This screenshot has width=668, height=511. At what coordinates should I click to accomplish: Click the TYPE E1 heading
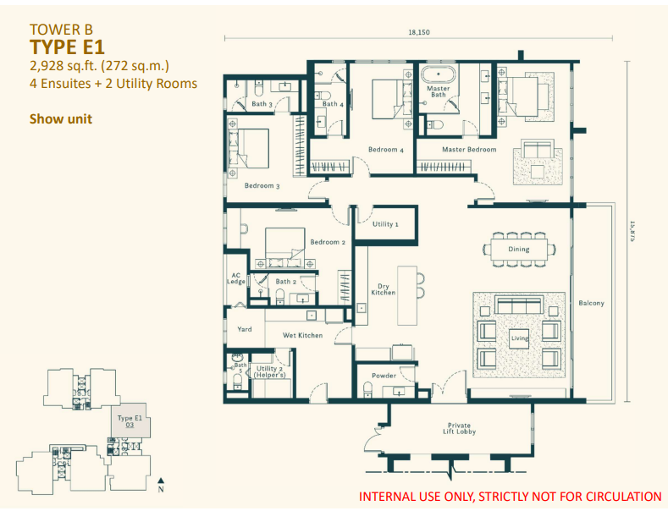pos(67,47)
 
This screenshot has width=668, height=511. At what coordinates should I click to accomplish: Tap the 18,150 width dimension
pos(419,32)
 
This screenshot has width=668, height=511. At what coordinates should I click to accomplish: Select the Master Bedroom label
pos(469,150)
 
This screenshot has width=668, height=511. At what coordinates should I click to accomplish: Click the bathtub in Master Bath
pos(439,74)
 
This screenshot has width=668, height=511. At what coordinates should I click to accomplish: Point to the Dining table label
pos(519,249)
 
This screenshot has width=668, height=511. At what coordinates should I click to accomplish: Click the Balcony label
pos(591,303)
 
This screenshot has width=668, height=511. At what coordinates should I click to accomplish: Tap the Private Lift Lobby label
pos(459,428)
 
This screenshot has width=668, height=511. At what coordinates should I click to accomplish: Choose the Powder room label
pos(384,376)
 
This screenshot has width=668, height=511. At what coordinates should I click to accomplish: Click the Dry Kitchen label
pos(383,289)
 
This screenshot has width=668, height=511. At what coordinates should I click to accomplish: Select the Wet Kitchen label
pos(302,335)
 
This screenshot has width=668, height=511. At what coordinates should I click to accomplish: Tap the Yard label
pos(245,329)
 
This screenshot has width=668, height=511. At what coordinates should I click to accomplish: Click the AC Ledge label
pos(236,278)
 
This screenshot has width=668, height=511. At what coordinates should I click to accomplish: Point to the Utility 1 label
pos(385,224)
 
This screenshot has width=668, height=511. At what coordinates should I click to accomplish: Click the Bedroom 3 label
pos(262,185)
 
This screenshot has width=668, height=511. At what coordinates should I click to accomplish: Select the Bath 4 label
pos(333,104)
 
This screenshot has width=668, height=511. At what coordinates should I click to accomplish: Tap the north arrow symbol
pos(161,481)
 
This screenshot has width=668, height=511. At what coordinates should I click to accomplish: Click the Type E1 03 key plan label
pos(130,421)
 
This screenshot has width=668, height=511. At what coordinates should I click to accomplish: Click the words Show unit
pos(60,118)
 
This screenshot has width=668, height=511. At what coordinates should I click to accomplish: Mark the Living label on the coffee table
pos(519,338)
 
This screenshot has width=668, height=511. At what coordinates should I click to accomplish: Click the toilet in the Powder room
pos(367,390)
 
